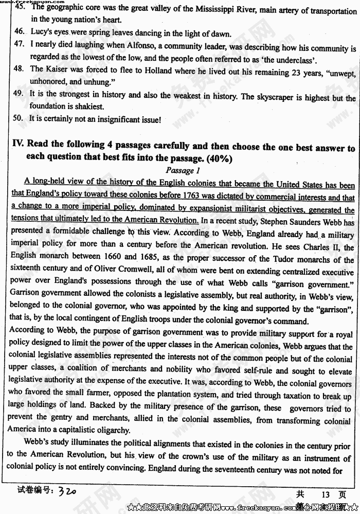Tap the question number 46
click(x=19, y=32)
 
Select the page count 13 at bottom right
click(x=325, y=494)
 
